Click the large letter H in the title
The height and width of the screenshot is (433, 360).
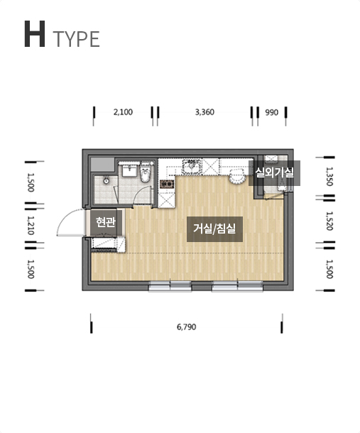tap(35, 34)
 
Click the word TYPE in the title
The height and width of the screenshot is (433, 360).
tap(76, 39)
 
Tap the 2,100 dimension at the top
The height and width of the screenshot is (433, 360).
tap(123, 112)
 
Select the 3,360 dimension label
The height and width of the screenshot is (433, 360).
tap(204, 112)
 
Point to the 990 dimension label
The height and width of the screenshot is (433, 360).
tap(271, 112)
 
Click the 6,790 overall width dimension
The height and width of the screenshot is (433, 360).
tap(187, 327)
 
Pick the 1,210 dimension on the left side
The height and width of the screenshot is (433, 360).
tap(31, 225)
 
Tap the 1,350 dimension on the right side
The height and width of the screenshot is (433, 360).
tap(329, 176)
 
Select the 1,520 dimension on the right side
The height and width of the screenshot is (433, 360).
tap(329, 221)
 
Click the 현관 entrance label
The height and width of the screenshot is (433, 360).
tap(105, 222)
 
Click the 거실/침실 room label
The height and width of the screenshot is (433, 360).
tap(214, 229)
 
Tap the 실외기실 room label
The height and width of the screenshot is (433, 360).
tap(274, 172)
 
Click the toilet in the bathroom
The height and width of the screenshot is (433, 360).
tap(146, 172)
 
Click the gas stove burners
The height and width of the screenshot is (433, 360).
tap(167, 184)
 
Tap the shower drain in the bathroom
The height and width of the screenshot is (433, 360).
tap(107, 181)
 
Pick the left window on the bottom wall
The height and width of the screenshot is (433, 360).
tap(170, 286)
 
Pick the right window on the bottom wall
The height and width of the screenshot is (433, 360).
tap(237, 286)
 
